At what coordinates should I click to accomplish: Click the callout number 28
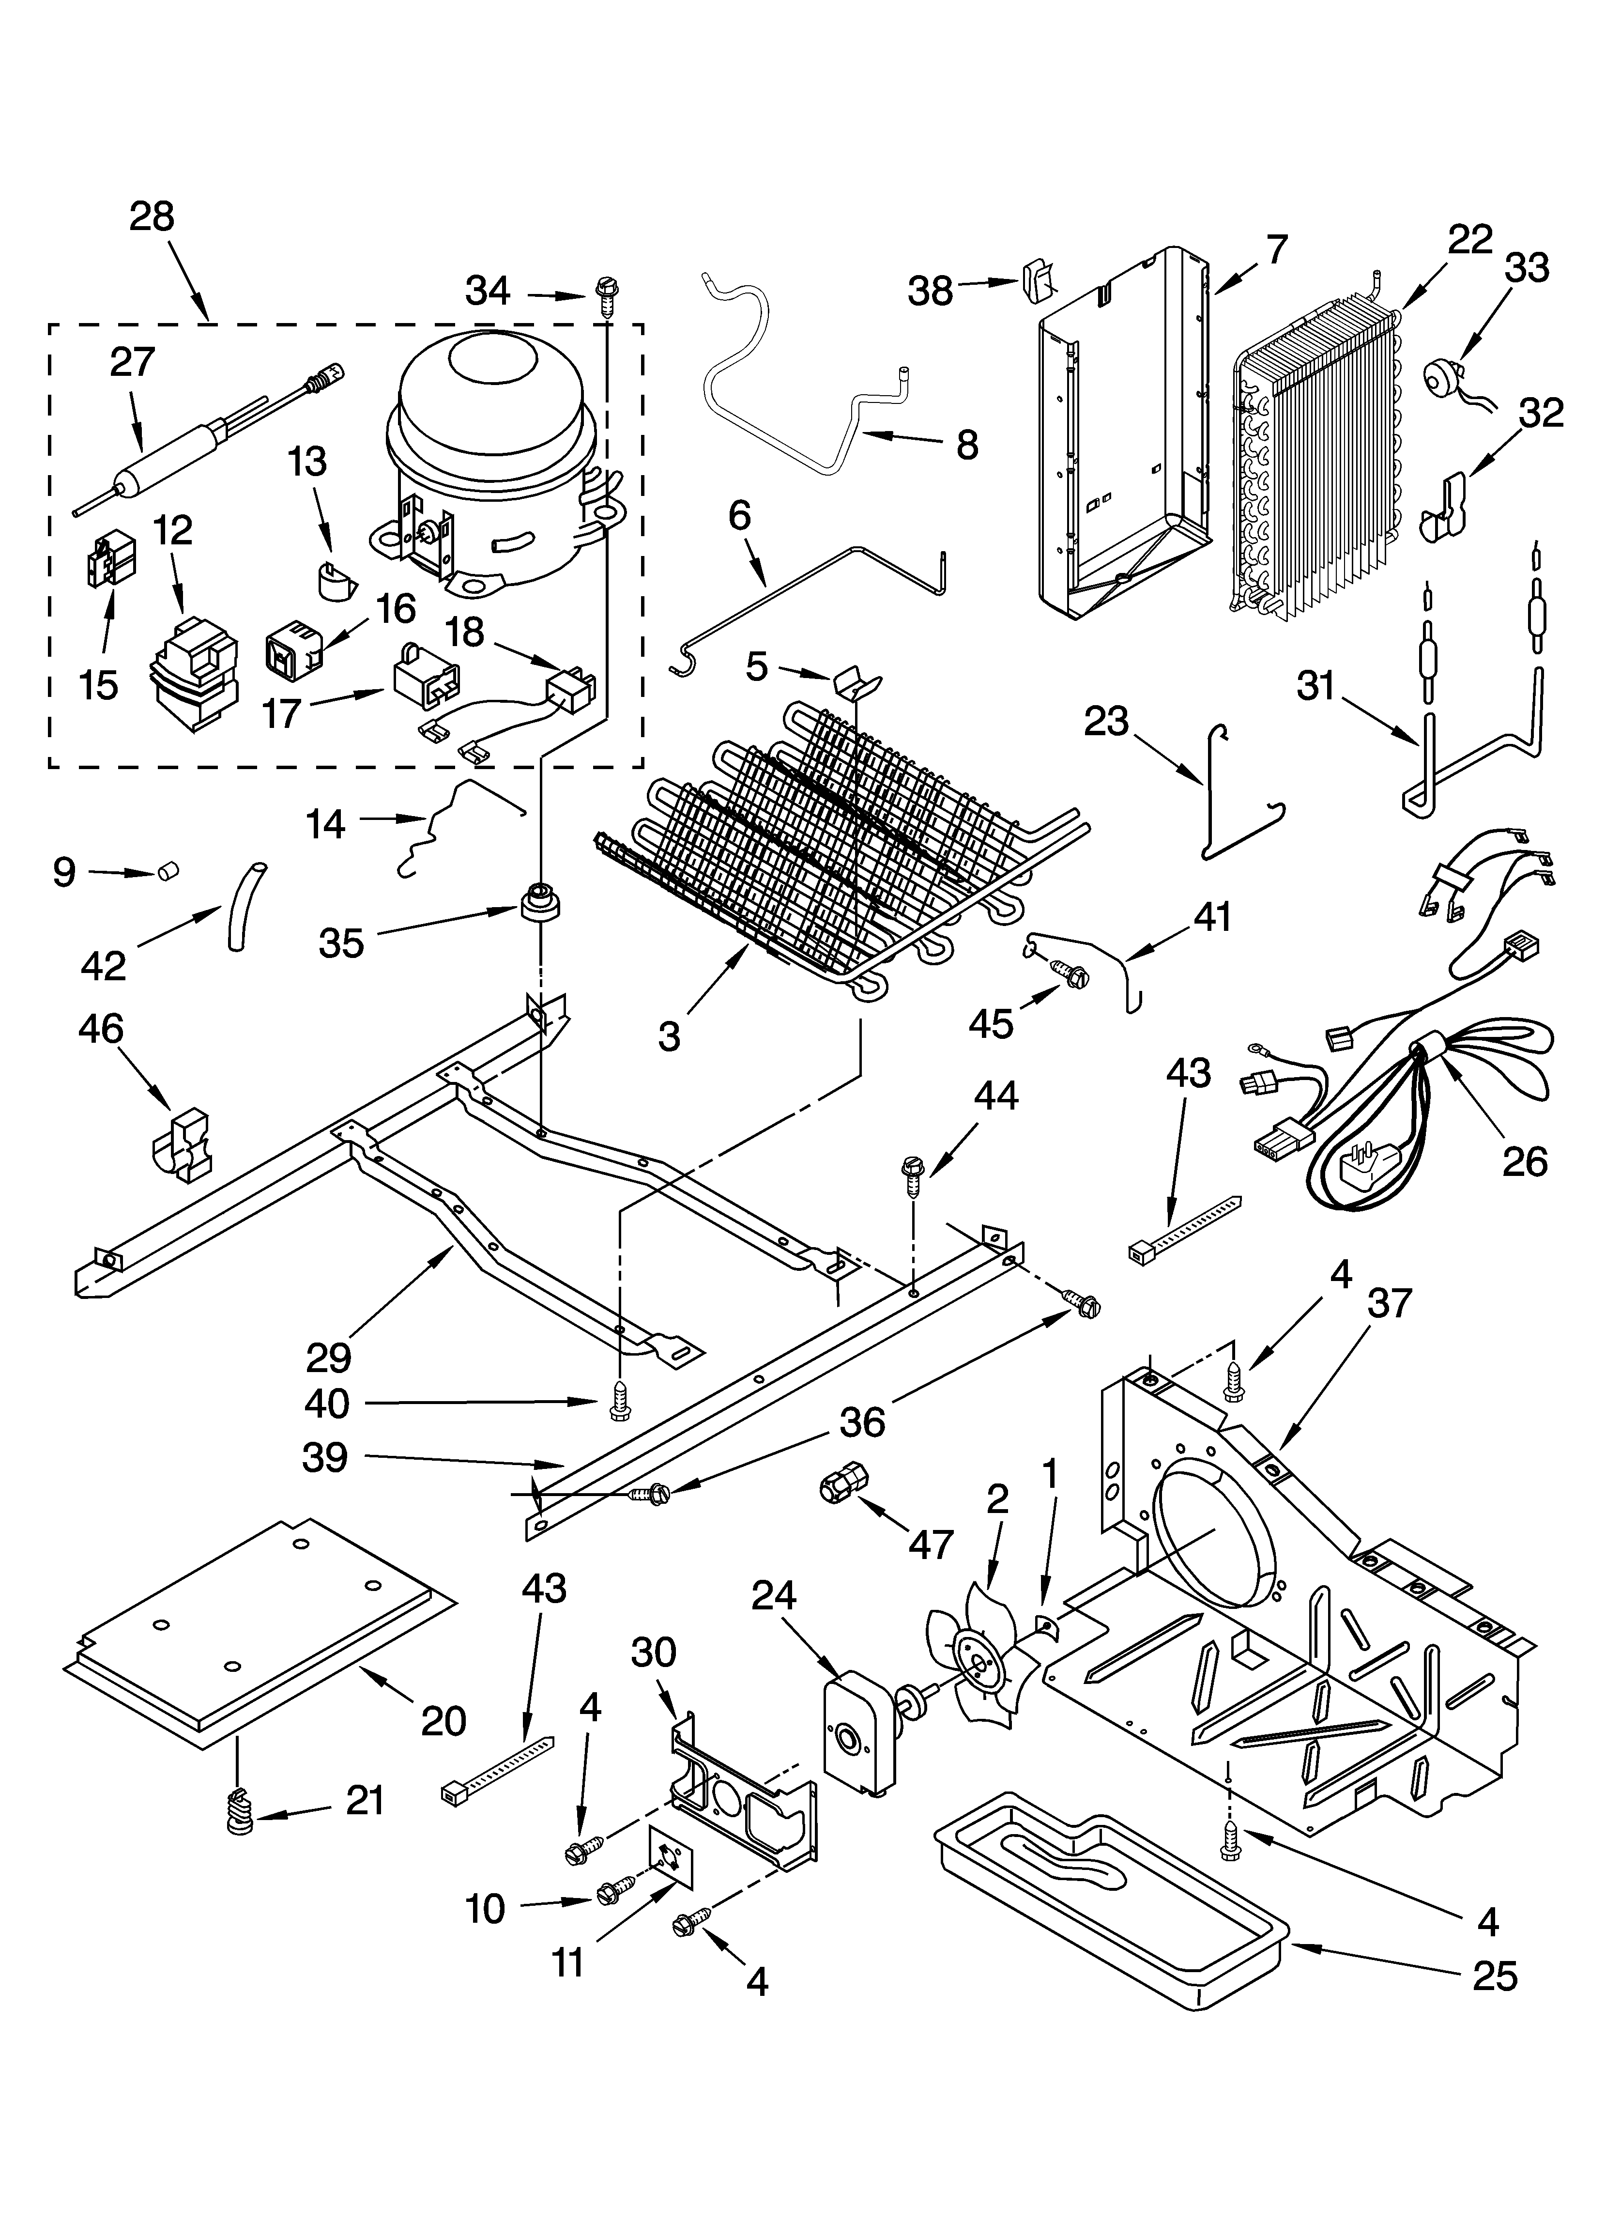point(151,216)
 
